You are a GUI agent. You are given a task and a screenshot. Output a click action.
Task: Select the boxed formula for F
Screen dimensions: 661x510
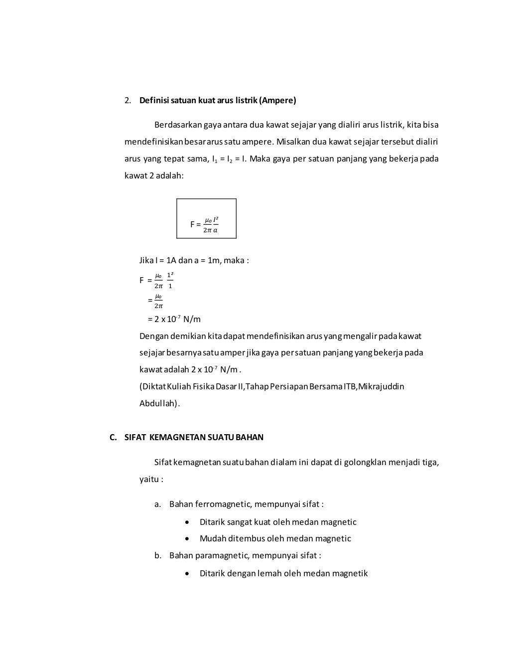(x=206, y=219)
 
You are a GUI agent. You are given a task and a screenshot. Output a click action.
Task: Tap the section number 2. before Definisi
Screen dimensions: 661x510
(x=128, y=101)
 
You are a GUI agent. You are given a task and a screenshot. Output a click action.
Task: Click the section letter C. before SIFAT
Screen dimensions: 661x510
(x=113, y=437)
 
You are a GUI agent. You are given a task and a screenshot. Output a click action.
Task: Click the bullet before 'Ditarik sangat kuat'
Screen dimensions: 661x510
(x=186, y=522)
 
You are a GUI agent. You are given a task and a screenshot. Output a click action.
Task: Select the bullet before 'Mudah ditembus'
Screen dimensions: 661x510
(x=186, y=539)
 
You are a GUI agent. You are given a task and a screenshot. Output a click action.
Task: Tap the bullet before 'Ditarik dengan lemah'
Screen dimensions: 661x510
(x=186, y=574)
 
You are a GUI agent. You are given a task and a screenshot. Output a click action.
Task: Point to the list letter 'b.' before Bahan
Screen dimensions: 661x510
(x=158, y=555)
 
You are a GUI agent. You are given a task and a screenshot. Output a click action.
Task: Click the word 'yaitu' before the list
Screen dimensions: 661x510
(x=149, y=480)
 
